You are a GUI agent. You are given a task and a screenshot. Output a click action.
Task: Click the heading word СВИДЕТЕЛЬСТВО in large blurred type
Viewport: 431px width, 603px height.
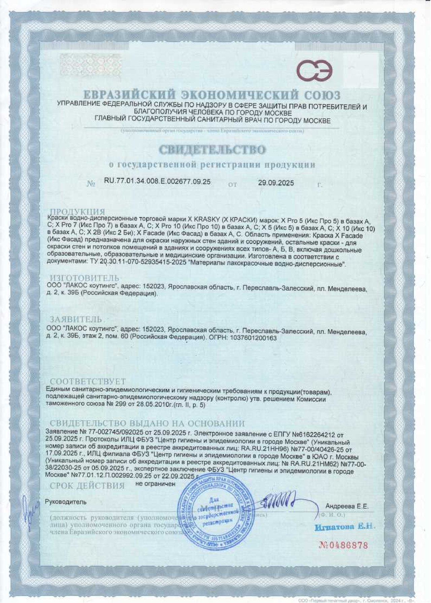coord(212,149)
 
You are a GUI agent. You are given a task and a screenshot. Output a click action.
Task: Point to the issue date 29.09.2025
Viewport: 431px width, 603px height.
coord(276,183)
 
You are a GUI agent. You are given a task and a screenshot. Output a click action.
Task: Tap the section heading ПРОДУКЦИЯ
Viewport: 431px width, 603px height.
coord(77,212)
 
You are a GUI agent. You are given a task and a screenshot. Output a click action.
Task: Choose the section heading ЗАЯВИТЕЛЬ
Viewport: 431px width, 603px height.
coord(75,319)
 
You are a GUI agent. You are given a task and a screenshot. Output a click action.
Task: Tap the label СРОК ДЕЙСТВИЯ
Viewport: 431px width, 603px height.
coord(87,486)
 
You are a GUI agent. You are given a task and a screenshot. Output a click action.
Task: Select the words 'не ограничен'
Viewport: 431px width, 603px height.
coord(155,484)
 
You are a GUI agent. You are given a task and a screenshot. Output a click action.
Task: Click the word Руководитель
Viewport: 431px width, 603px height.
coord(66,501)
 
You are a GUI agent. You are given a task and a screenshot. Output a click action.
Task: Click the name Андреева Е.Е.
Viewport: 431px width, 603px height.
coord(347,506)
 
